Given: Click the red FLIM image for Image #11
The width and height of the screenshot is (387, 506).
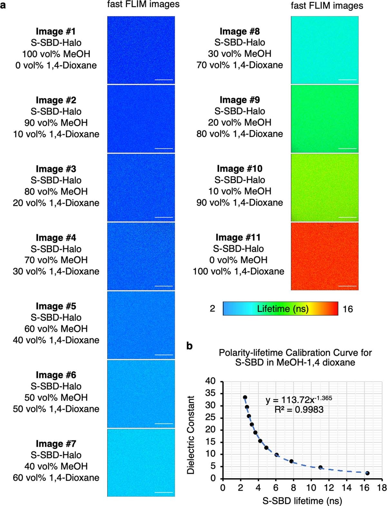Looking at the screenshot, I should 324,256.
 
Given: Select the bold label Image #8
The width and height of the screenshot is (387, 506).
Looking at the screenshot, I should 239,31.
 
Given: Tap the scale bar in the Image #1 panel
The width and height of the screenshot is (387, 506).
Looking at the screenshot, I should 164,79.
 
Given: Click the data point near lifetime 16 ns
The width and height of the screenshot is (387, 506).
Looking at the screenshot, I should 367,473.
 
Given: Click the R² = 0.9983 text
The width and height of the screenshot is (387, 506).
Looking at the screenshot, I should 299,410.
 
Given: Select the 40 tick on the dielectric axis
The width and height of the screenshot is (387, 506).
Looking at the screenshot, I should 211,381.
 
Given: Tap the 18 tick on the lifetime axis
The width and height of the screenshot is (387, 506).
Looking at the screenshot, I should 382,487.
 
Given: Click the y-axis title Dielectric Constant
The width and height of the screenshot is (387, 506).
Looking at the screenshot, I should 191,435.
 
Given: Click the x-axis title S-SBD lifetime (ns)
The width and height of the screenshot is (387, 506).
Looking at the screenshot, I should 302,501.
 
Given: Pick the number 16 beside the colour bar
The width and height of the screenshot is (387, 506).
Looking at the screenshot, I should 348,309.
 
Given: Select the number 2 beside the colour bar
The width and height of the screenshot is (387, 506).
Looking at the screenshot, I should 212,309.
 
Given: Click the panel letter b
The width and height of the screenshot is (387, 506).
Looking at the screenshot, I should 190,346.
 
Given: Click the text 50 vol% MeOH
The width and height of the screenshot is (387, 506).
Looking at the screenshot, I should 56,398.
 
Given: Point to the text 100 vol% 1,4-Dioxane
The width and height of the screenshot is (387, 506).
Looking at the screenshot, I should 238,271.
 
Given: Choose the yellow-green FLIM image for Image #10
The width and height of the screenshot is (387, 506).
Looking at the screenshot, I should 324,188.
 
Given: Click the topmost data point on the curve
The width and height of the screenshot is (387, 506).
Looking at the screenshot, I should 245,397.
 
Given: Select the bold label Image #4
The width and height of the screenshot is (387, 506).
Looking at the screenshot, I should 56,238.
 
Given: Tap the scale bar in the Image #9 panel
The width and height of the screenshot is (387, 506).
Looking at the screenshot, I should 348,149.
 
